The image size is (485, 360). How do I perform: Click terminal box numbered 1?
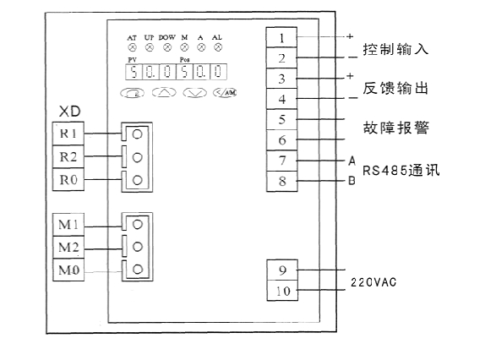pos(281,38)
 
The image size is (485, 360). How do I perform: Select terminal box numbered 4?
pos(281,99)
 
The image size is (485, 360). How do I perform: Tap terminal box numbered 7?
pos(281,161)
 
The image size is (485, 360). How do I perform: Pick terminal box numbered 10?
pos(281,291)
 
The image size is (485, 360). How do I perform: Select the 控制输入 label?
pos(395,49)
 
